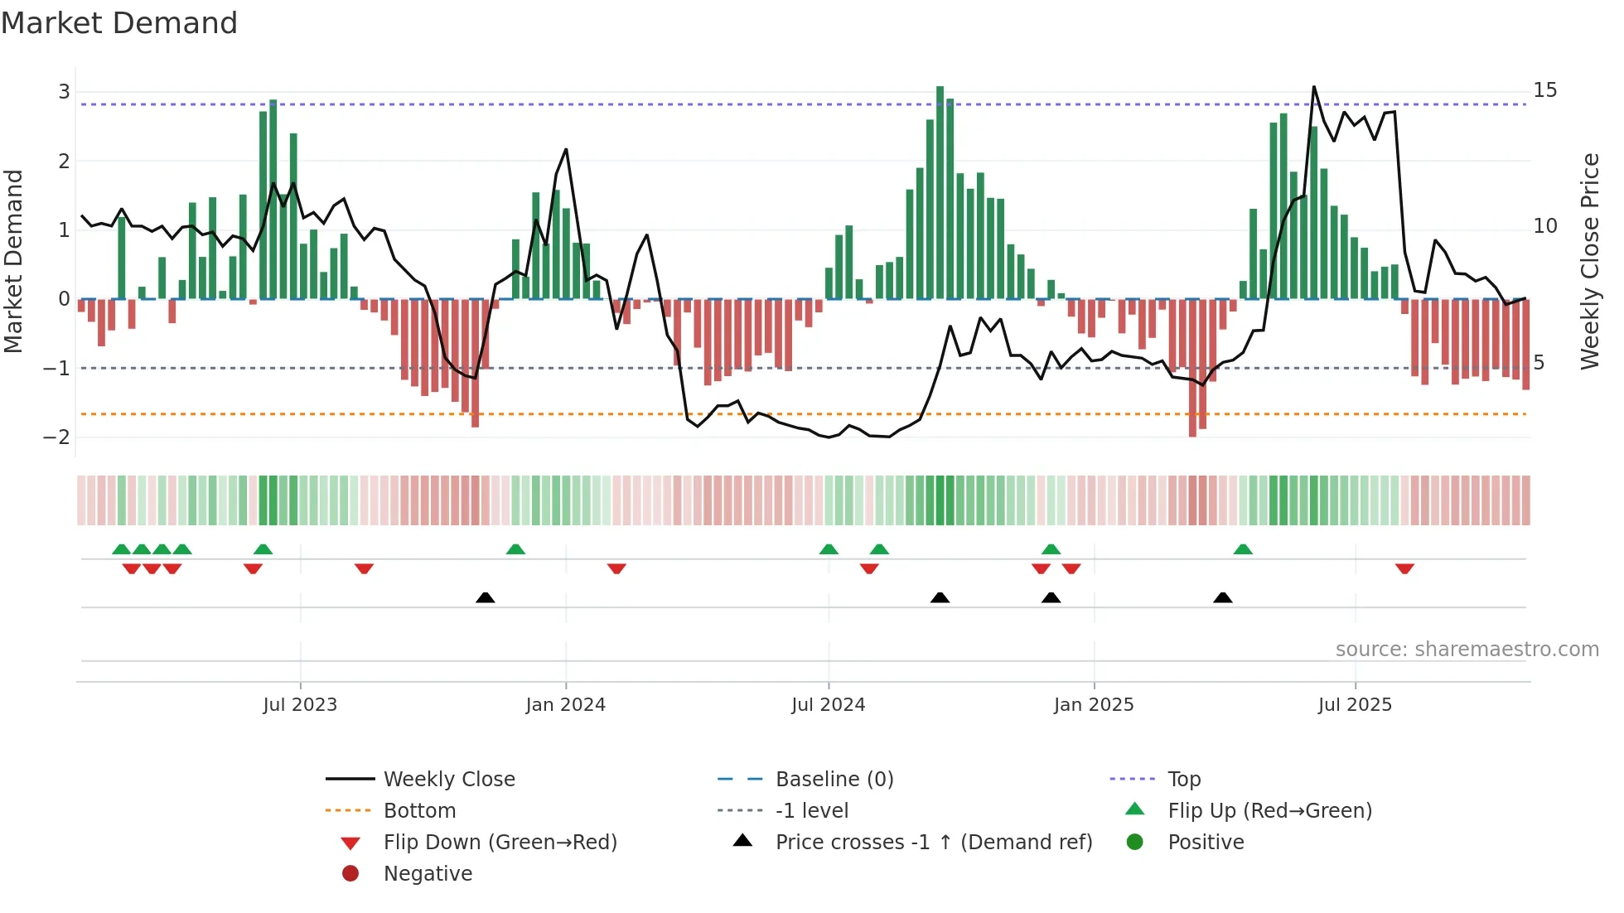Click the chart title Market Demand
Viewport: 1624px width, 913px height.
(119, 23)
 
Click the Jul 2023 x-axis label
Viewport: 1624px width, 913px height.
(300, 705)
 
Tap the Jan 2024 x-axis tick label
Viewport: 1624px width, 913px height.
(565, 705)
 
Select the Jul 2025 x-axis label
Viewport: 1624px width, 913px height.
(1355, 705)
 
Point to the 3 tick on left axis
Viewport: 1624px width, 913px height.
(64, 92)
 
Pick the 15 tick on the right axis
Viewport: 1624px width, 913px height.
(1544, 90)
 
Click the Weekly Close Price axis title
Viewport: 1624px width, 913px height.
(1589, 261)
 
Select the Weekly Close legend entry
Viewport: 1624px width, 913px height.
(448, 780)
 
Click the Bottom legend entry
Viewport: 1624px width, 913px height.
(419, 811)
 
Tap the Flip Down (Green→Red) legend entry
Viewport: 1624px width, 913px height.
(500, 843)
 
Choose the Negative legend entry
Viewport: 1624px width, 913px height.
(428, 874)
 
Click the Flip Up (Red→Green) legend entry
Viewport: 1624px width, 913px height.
(1269, 811)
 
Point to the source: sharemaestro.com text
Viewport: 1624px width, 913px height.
(1467, 650)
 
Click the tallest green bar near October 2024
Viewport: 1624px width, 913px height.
(940, 191)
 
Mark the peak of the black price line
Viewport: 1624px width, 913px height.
(1313, 87)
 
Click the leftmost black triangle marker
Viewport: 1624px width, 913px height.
(486, 598)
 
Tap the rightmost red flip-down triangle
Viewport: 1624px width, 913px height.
(1404, 568)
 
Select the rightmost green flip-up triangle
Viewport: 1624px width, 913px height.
(1243, 549)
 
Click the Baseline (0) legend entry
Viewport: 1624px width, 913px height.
(834, 780)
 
